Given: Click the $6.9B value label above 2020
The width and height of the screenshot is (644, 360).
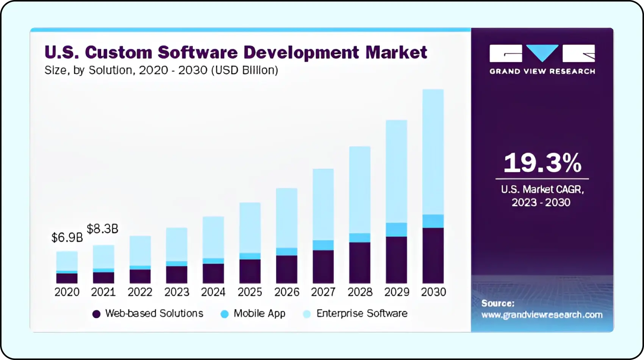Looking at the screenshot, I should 67,238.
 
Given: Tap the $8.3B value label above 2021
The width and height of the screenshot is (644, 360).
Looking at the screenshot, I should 103,229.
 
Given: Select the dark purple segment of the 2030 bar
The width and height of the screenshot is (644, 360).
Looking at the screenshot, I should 433,255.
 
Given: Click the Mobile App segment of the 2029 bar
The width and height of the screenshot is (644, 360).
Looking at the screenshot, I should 396,230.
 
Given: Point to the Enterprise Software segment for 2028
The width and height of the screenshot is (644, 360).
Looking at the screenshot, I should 360,189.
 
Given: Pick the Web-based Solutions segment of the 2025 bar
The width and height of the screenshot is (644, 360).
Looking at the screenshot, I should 250,271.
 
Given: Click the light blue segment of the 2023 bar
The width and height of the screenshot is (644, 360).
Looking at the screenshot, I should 177,244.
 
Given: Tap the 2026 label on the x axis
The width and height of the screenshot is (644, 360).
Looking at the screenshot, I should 287,292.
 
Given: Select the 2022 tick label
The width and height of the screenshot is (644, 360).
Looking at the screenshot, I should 140,292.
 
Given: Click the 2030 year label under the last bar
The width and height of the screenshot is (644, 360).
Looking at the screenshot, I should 433,292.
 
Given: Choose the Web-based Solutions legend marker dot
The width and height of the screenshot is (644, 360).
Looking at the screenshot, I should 97,314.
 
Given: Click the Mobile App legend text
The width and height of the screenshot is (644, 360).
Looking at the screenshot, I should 259,313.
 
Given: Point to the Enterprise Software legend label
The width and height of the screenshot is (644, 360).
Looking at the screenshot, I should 362,313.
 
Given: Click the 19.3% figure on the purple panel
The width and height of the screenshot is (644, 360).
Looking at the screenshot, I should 542,163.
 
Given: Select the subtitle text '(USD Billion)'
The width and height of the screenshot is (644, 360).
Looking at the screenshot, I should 244,70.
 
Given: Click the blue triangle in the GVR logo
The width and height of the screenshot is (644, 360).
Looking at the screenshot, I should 542,52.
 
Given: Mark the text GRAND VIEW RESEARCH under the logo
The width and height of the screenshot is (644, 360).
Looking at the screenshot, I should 542,71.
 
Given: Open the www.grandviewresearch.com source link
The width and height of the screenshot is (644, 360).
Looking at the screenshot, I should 542,315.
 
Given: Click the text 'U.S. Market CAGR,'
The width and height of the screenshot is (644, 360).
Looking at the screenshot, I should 542,189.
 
